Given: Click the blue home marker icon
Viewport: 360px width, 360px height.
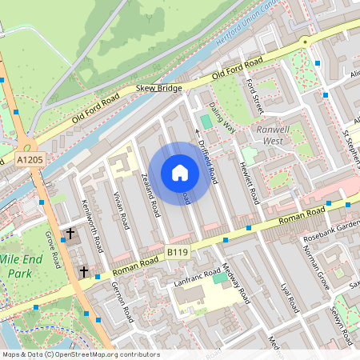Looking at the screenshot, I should pos(180,173).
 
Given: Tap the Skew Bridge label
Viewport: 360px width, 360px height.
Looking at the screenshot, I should pos(160,90).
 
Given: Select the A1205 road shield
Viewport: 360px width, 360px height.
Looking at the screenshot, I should pos(30,160).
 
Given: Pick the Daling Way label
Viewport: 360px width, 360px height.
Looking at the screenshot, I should pos(222,116).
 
